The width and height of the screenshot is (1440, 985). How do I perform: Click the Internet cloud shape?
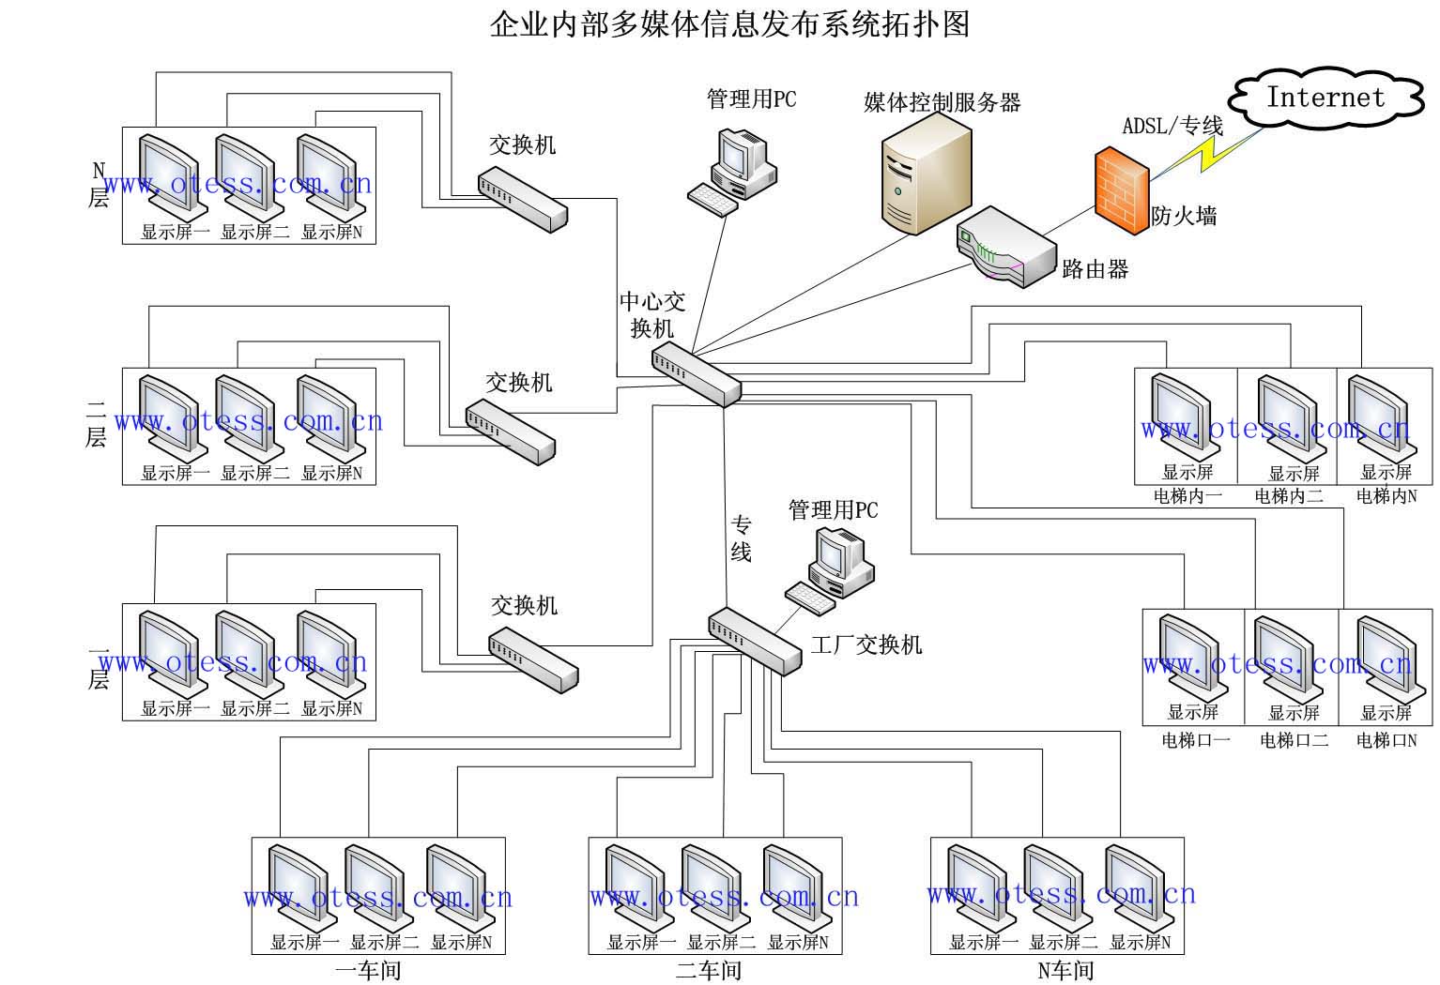(x=1325, y=98)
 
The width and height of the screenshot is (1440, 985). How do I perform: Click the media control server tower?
(x=926, y=179)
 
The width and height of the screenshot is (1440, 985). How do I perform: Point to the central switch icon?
(x=697, y=373)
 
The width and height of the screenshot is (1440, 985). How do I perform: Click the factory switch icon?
(x=755, y=641)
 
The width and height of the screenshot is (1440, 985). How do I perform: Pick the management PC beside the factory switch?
(x=831, y=568)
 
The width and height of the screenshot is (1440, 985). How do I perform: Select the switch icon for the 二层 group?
(x=510, y=431)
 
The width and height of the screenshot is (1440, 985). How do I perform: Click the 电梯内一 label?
(x=1187, y=496)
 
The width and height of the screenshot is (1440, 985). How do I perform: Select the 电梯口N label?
(x=1386, y=740)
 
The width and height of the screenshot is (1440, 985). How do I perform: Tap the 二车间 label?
(x=709, y=970)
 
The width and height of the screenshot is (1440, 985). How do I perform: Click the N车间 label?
(x=1065, y=970)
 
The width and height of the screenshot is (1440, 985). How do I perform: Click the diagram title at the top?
(x=729, y=23)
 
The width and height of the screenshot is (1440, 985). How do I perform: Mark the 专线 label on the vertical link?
(x=742, y=538)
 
